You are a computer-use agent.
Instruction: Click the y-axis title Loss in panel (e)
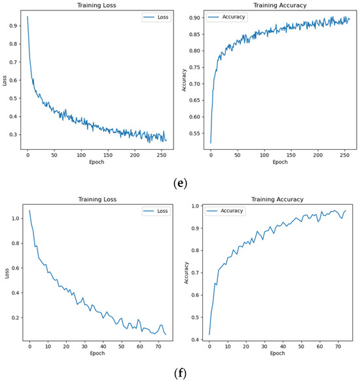5,82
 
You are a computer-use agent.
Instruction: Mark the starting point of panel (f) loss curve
29,210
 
